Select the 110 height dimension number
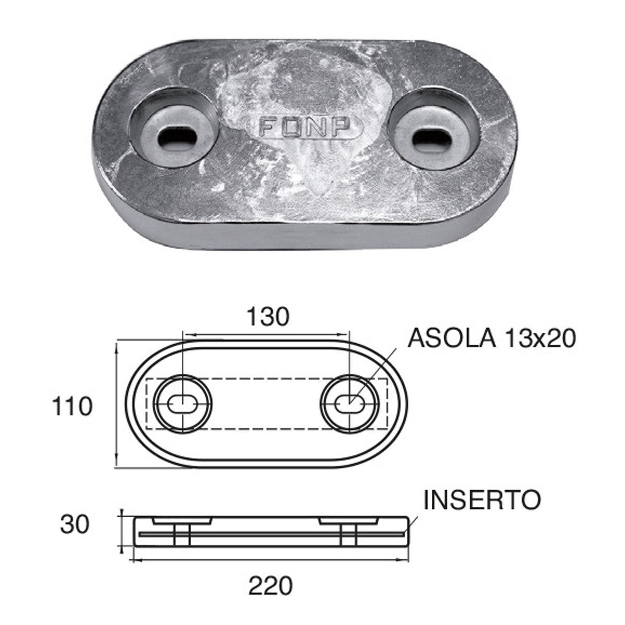[72, 406]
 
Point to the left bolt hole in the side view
[180, 535]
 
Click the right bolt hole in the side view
[348, 535]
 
